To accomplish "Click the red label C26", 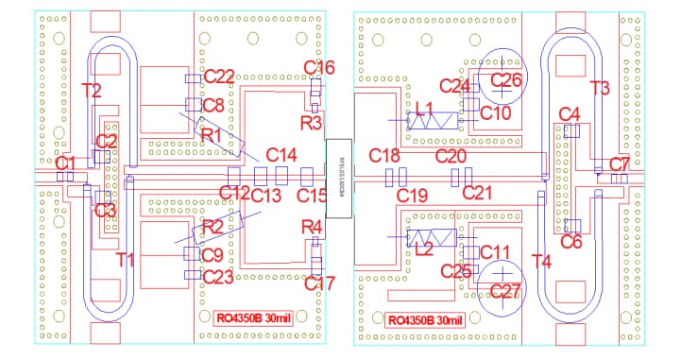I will click(x=505, y=79).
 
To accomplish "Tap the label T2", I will click(x=92, y=91).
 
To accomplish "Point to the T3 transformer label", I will click(x=599, y=87).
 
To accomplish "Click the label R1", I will click(x=211, y=136).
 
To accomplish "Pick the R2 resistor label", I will click(x=212, y=226).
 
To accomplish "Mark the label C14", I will click(x=281, y=154).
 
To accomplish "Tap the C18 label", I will click(x=384, y=154).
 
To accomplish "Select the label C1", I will click(x=65, y=163).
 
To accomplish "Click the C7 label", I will click(x=619, y=163).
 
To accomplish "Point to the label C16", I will click(x=319, y=67).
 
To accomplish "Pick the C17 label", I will click(x=320, y=282).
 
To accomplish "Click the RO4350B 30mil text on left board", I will click(x=252, y=317).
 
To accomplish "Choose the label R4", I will click(x=312, y=226).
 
